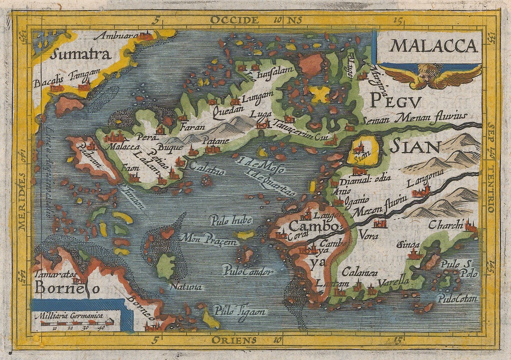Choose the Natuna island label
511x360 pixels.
coord(186,287)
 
